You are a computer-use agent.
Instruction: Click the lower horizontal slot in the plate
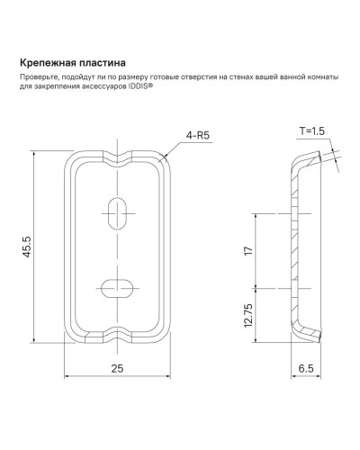click(x=117, y=287)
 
